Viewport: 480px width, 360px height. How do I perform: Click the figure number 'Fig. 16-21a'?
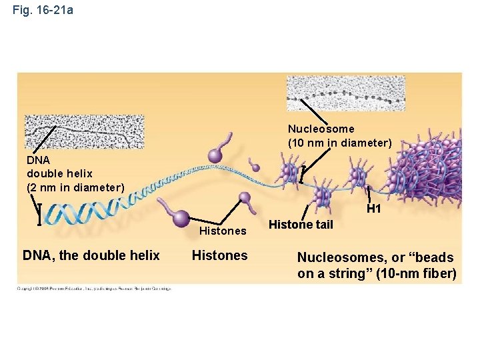click(43, 11)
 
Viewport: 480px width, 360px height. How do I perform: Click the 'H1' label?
click(373, 209)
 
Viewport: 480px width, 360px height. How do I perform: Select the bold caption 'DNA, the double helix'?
click(91, 255)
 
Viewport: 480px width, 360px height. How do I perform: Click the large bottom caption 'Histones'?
click(219, 255)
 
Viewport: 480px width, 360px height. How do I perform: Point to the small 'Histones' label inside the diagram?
click(223, 231)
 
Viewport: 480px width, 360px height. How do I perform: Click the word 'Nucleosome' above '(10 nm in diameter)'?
click(321, 129)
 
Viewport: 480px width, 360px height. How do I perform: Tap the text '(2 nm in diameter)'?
click(75, 187)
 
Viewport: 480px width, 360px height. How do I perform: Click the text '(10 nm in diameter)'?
click(339, 143)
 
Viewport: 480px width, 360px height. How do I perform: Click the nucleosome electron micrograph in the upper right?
click(345, 93)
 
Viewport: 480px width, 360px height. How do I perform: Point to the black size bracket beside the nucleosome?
click(303, 173)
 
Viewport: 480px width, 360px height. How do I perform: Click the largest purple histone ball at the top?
click(215, 155)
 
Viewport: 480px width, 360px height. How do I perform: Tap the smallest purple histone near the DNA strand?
click(254, 166)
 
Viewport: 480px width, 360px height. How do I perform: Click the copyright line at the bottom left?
click(93, 288)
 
